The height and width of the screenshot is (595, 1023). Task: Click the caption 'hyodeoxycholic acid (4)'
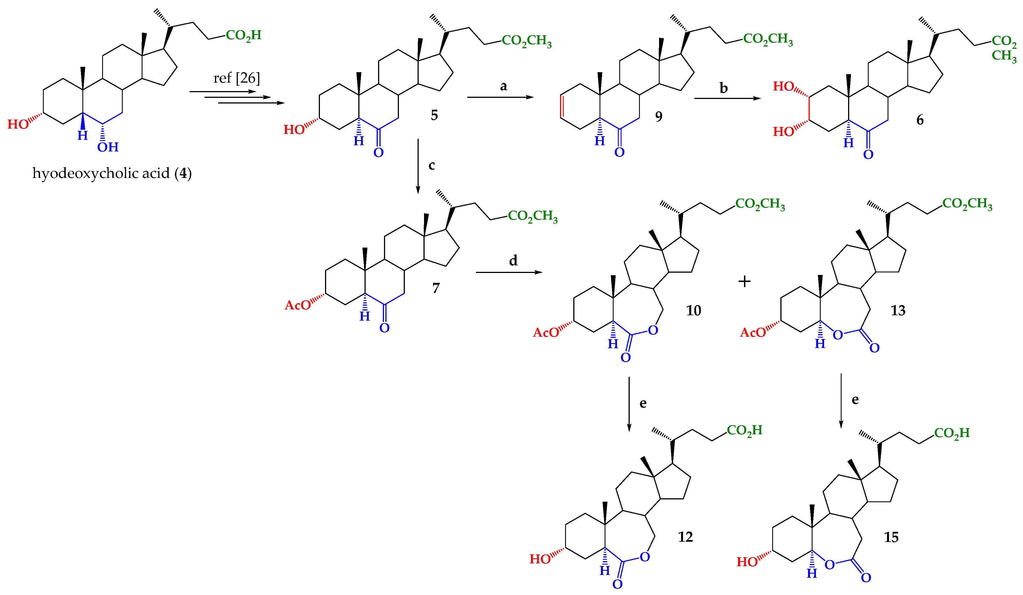tap(112, 173)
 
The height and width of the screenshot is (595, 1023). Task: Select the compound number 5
tap(434, 115)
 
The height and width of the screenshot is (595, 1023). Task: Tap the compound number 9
tap(658, 116)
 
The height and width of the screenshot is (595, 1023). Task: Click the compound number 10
tap(693, 310)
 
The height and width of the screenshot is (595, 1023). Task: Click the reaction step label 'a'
tap(503, 86)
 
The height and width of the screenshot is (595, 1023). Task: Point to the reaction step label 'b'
tap(723, 88)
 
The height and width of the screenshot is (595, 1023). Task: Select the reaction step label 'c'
tap(432, 165)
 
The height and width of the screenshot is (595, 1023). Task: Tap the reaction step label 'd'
tap(513, 261)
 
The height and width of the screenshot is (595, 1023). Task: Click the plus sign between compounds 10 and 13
tap(744, 281)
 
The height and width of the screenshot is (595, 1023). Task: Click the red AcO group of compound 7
tap(298, 305)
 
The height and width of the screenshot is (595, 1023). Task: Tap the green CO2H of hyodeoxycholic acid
tap(243, 35)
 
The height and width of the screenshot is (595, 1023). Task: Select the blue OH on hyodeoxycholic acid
tap(107, 147)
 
